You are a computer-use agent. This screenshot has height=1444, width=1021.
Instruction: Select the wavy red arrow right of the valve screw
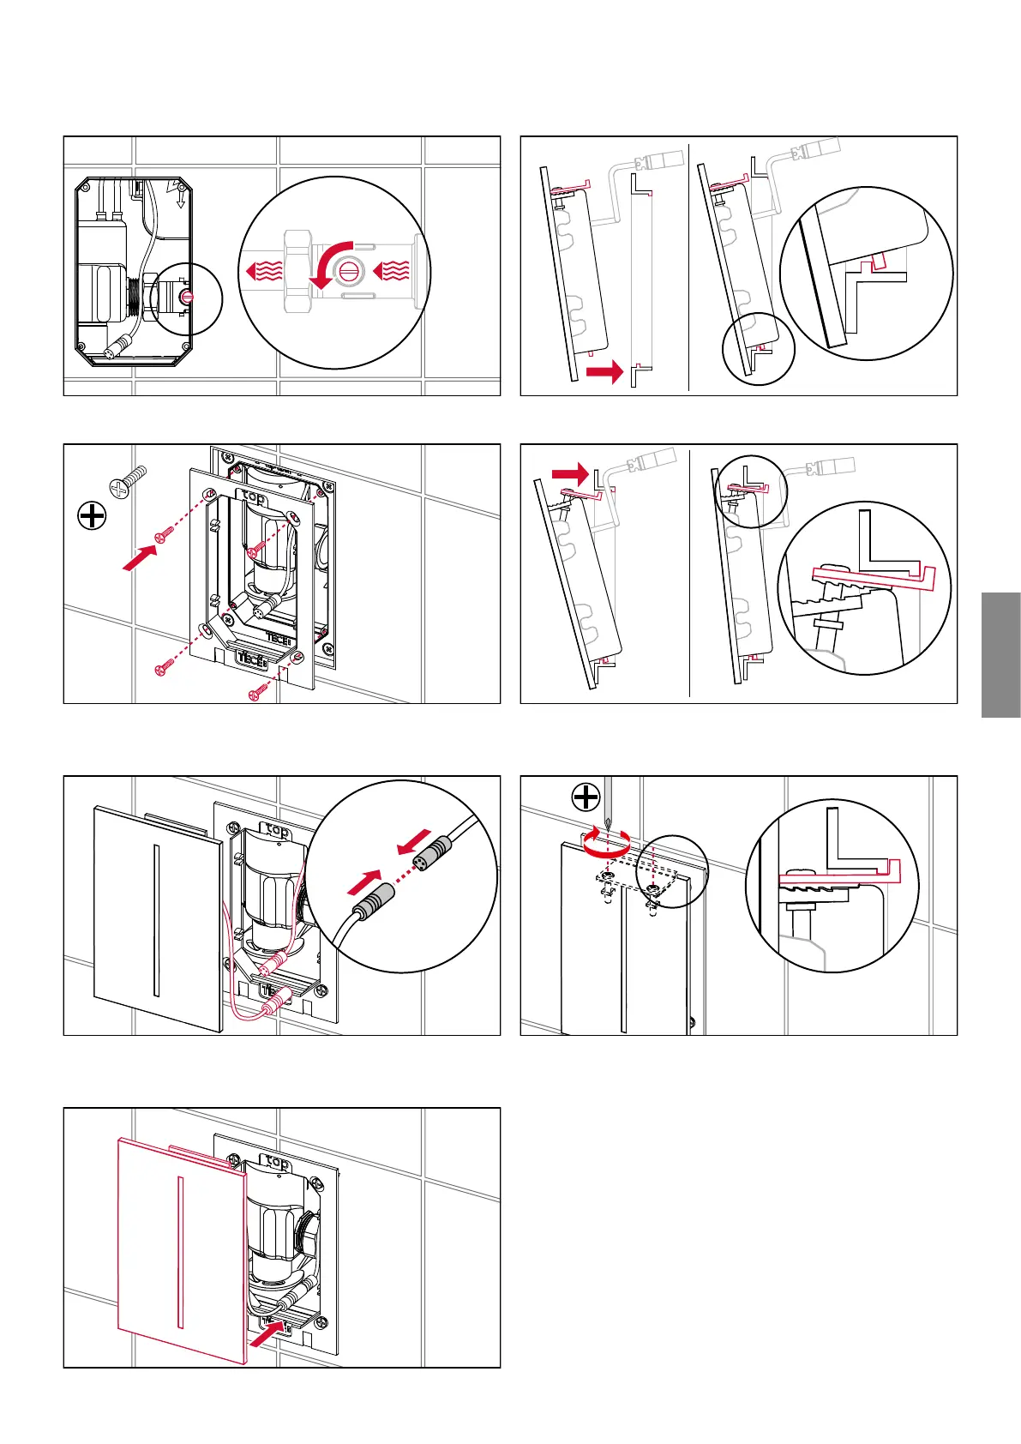(392, 272)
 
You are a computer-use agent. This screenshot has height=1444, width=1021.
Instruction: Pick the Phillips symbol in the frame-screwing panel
(92, 516)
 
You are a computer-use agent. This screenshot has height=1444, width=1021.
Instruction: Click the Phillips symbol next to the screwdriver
(586, 797)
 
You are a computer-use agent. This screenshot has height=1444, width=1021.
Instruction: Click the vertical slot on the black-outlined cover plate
(156, 921)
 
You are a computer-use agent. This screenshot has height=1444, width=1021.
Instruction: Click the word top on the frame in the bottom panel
(277, 1163)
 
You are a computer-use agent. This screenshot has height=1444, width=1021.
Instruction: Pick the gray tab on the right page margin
(1000, 654)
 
